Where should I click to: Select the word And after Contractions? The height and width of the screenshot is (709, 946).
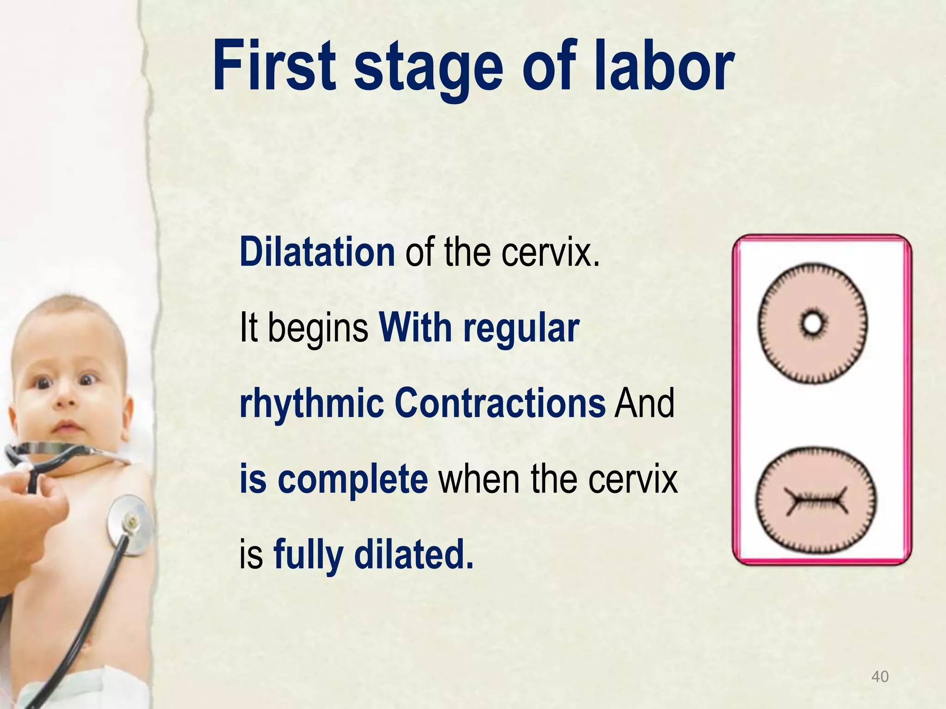coord(644,403)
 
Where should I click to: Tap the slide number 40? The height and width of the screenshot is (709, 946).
coord(879,677)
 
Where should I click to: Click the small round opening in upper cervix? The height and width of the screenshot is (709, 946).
coord(812,323)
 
